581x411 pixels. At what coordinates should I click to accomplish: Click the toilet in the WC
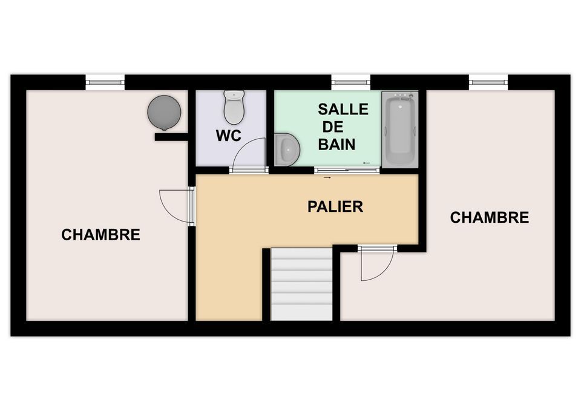click(234, 107)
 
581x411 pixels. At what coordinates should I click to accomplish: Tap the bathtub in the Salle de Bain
click(400, 129)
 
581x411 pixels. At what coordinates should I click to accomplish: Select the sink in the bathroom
click(287, 150)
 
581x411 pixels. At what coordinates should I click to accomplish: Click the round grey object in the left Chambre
click(164, 113)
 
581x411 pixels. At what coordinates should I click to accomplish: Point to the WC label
click(229, 136)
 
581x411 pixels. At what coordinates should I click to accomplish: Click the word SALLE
click(343, 110)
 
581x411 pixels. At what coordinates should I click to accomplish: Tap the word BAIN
click(337, 144)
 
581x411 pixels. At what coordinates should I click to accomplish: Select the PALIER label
click(335, 206)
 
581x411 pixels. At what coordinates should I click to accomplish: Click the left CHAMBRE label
click(101, 235)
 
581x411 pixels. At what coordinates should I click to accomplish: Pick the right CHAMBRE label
click(490, 217)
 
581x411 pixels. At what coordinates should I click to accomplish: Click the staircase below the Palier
click(301, 284)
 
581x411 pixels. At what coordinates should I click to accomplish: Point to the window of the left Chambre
click(105, 82)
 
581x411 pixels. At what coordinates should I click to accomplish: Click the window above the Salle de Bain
click(350, 82)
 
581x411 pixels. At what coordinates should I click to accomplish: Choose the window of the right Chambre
click(488, 82)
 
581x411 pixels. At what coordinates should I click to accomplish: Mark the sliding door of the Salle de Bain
click(347, 171)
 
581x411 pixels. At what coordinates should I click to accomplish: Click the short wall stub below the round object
click(171, 137)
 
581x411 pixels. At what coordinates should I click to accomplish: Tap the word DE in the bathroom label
click(333, 127)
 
